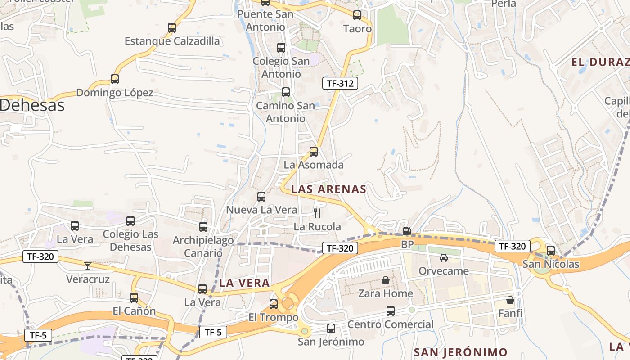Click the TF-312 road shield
tap(340, 83)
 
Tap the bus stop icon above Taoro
tap(357, 15)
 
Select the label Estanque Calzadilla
tap(172, 41)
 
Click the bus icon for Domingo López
tap(115, 79)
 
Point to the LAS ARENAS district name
tap(329, 189)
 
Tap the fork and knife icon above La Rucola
tap(318, 213)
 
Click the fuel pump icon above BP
tap(407, 231)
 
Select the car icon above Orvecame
tap(444, 258)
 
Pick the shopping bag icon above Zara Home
tap(386, 280)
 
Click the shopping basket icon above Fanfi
tap(510, 300)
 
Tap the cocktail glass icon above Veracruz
tap(88, 266)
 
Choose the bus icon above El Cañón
tap(134, 297)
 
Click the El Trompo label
tap(274, 318)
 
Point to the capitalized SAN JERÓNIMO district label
tap(460, 352)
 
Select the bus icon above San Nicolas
tap(551, 251)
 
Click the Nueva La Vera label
tap(261, 210)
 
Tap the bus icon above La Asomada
tap(314, 152)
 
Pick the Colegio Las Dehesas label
tap(130, 240)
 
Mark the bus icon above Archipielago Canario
tap(203, 227)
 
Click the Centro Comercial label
tap(391, 324)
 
